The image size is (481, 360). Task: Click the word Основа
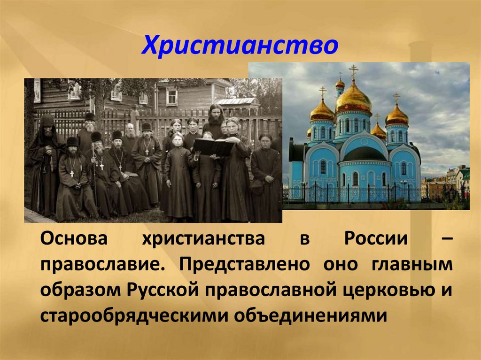pyautogui.click(x=74, y=239)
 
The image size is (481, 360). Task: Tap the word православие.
pyautogui.click(x=101, y=264)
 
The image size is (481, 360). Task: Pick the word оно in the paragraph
pyautogui.click(x=341, y=264)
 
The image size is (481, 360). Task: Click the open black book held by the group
pyautogui.click(x=213, y=147)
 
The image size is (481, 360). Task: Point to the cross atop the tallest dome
pyautogui.click(x=354, y=71)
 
